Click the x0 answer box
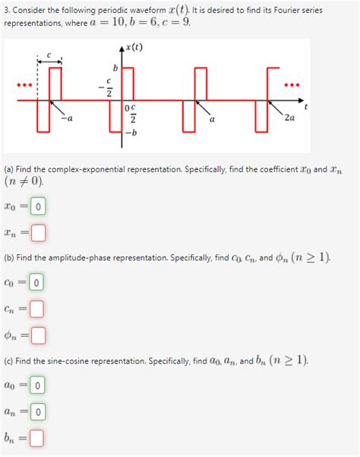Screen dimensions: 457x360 (38, 206)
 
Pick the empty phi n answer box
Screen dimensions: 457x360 (38, 334)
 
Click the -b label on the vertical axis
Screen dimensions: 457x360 (131, 134)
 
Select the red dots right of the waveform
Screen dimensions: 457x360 (292, 84)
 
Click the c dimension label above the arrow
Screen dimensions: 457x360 (49, 53)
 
